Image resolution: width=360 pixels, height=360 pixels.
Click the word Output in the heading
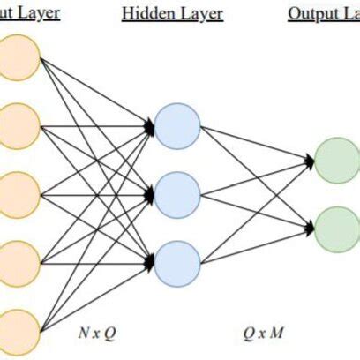(x=310, y=14)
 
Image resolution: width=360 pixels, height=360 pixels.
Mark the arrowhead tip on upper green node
(x=313, y=160)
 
